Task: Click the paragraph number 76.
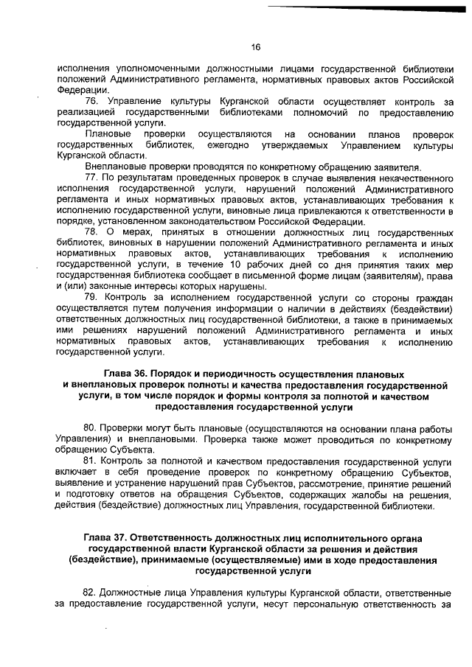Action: [92, 99]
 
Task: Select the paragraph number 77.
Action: [92, 178]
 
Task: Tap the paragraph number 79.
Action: [92, 297]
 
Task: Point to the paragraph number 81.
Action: [92, 461]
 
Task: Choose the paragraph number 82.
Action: [92, 593]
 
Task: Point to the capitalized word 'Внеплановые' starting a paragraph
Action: [114, 167]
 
